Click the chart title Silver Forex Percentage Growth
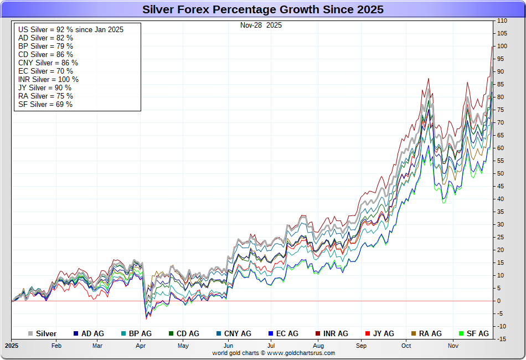point(263,9)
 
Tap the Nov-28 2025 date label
point(261,25)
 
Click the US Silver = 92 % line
point(71,29)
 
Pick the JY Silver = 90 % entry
point(45,88)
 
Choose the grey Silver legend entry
point(43,333)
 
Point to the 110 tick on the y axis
point(502,20)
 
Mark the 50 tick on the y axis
point(501,173)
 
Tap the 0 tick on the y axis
point(499,301)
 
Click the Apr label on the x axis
point(140,346)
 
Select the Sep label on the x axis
point(362,346)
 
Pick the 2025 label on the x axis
point(12,346)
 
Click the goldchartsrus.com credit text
point(274,353)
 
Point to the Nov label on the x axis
point(453,346)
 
